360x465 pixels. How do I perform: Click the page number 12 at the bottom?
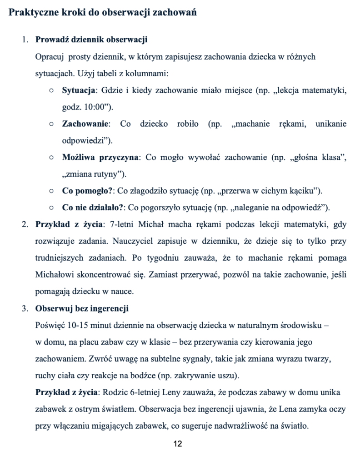pyautogui.click(x=178, y=444)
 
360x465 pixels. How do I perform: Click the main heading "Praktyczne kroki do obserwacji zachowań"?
pyautogui.click(x=103, y=13)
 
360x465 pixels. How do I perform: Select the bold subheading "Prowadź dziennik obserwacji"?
pyautogui.click(x=91, y=40)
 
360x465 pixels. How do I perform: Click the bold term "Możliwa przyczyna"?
pyautogui.click(x=100, y=157)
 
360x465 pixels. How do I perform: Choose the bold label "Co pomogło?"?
pyautogui.click(x=87, y=191)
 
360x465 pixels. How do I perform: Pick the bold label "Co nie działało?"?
pyautogui.click(x=93, y=208)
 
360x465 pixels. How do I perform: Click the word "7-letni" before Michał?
pyautogui.click(x=122, y=224)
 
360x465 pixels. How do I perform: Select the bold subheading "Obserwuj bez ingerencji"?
pyautogui.click(x=82, y=308)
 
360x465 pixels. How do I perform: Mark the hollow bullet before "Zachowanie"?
pyautogui.click(x=53, y=124)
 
